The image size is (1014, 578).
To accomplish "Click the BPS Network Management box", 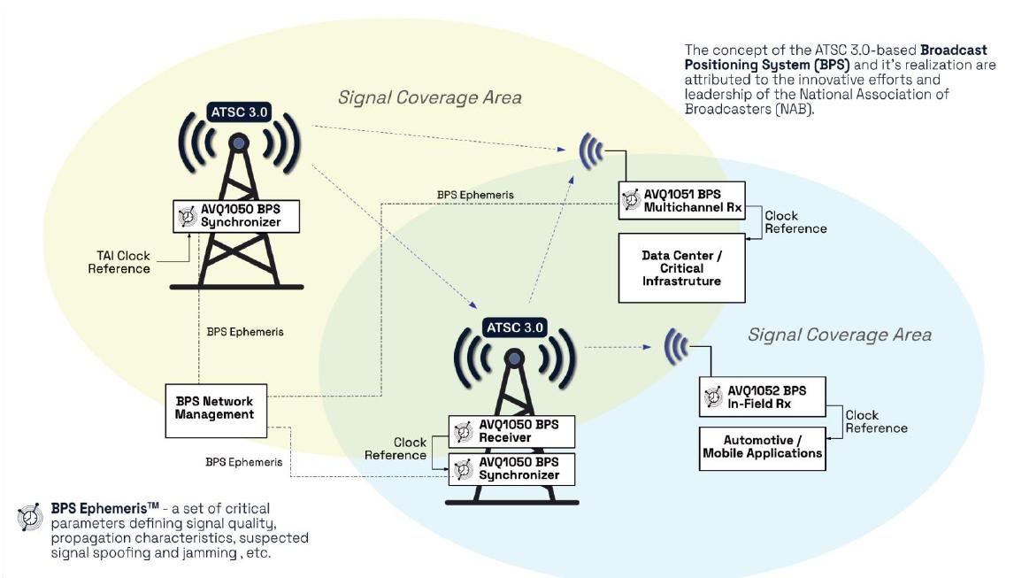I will (x=213, y=408).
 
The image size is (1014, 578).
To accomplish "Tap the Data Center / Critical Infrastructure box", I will (x=681, y=268).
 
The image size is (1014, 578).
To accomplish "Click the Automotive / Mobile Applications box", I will (x=762, y=447).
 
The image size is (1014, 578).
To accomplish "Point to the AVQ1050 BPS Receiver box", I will (x=512, y=431).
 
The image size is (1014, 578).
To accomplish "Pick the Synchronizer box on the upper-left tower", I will (x=236, y=215).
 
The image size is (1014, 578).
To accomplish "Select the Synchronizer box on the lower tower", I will (x=512, y=468).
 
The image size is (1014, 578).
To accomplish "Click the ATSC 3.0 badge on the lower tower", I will (x=514, y=328).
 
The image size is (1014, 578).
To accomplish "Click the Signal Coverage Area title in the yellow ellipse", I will (x=430, y=96).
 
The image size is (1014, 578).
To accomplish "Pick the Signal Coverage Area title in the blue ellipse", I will (x=840, y=335).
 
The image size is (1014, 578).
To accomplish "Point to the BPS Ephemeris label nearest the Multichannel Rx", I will (x=476, y=194).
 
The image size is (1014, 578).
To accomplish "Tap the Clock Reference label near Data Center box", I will (x=795, y=221).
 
